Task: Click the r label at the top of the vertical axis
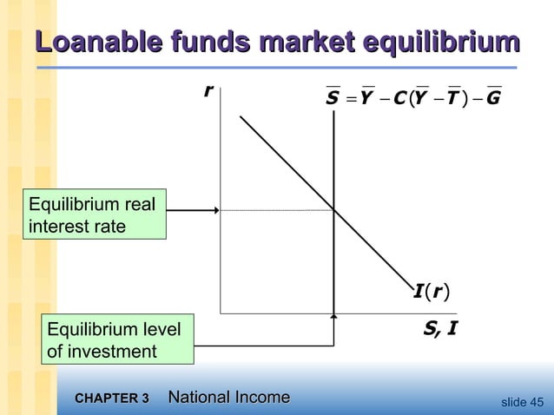tap(208, 91)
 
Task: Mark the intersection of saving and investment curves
tap(333, 209)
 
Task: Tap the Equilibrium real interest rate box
tap(93, 216)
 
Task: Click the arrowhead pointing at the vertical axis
tap(214, 209)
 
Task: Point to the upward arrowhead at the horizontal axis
tap(333, 318)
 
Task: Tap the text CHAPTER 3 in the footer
tap(112, 399)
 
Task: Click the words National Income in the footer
tap(228, 398)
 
